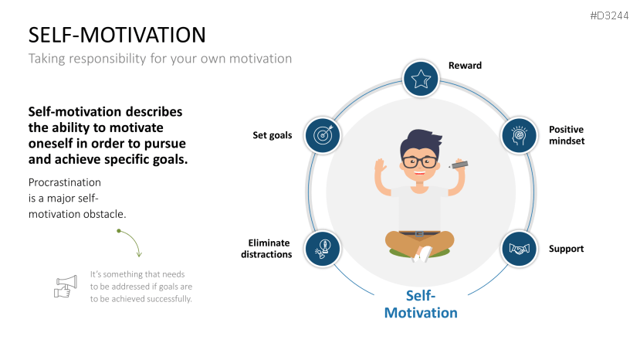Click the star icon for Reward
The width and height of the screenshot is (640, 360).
[x=421, y=78]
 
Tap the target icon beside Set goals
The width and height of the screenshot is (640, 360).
[x=323, y=135]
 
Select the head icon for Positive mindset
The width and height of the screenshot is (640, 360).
[x=520, y=135]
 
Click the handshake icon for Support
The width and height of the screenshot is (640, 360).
[x=520, y=249]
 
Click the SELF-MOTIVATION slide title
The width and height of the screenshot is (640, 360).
[x=117, y=35]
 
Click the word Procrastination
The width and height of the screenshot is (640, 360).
[x=65, y=182]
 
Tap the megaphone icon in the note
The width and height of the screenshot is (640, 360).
[x=66, y=286]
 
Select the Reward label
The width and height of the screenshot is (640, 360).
[x=465, y=66]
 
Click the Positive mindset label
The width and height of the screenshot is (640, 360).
[x=566, y=135]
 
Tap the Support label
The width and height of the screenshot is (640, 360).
[x=566, y=249]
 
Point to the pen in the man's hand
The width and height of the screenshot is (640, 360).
[x=459, y=164]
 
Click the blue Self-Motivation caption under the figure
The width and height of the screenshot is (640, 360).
[x=421, y=304]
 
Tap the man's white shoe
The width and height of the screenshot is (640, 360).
[x=422, y=253]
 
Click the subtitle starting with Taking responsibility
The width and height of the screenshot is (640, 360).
[x=160, y=58]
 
